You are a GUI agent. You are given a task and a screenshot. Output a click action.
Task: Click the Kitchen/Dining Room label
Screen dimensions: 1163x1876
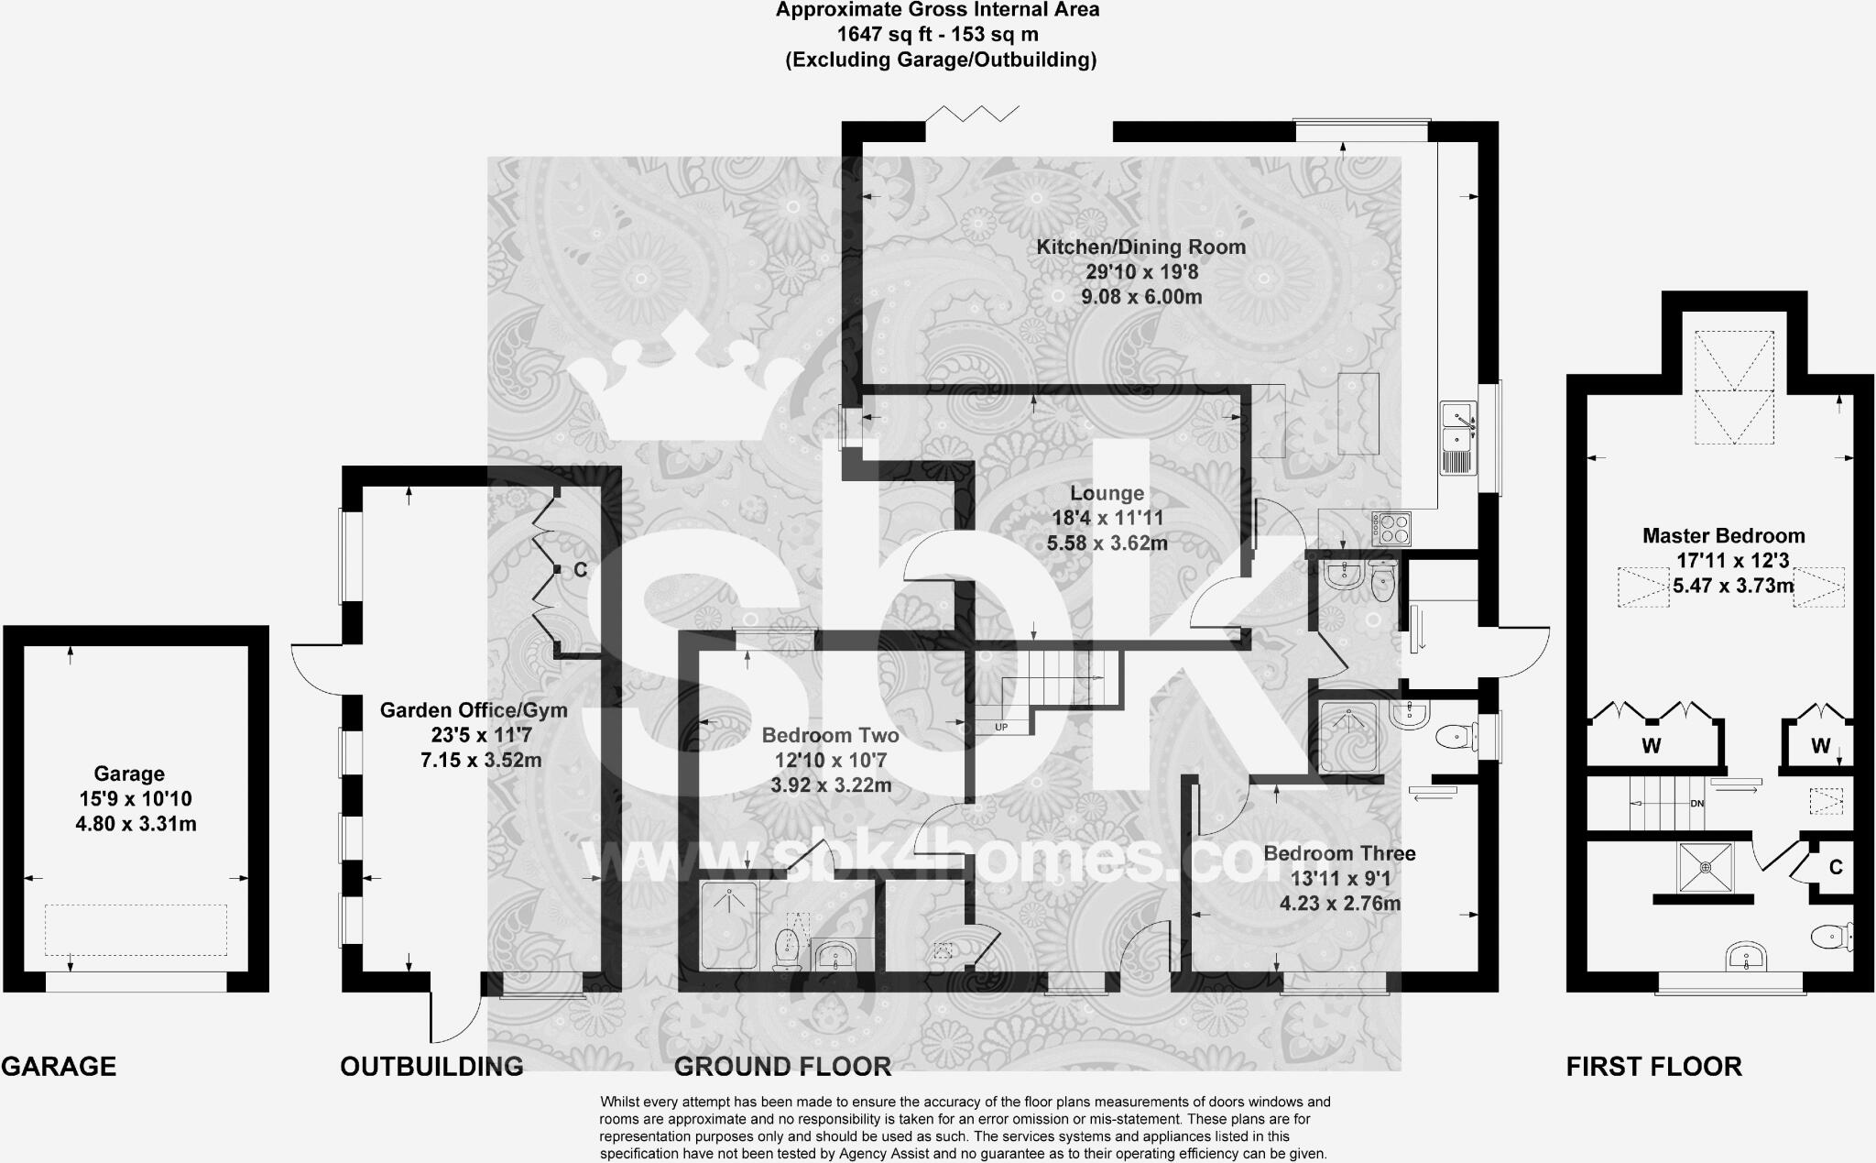click(1140, 247)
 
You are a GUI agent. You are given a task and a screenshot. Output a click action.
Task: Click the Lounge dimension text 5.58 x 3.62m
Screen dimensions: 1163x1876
click(1107, 543)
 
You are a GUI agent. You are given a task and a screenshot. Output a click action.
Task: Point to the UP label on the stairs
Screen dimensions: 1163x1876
click(1002, 727)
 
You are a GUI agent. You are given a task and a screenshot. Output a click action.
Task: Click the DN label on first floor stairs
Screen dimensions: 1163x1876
click(1696, 804)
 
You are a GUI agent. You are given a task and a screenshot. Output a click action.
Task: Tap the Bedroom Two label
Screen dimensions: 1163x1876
click(830, 735)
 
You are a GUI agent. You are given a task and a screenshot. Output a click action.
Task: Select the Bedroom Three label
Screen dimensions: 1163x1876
click(1339, 853)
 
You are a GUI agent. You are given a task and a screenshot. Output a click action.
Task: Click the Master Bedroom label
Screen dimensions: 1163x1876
click(1723, 536)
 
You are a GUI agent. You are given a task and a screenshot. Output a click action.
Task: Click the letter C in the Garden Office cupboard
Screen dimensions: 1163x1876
click(580, 570)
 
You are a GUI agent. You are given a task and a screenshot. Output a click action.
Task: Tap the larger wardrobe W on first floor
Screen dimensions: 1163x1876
click(1651, 746)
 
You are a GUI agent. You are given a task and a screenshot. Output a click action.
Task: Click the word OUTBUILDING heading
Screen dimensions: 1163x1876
click(431, 1066)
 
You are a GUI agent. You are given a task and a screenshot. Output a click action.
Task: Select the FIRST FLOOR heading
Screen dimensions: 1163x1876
click(1653, 1066)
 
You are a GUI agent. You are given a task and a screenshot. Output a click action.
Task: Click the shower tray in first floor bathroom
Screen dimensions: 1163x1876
click(1705, 866)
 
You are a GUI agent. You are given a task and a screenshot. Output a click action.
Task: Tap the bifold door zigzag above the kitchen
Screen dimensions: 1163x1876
click(973, 115)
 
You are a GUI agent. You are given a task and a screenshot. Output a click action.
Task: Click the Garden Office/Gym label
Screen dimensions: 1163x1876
click(474, 710)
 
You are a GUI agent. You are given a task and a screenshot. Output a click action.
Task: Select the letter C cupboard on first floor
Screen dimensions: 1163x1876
click(1835, 867)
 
